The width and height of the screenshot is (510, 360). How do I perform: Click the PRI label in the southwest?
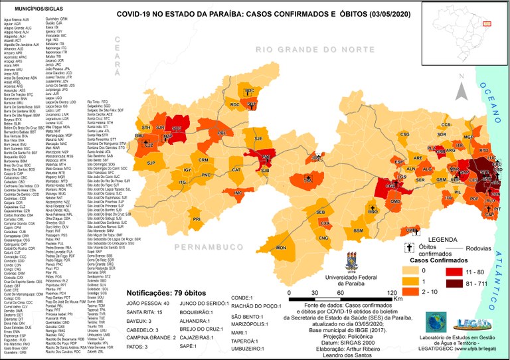(197, 219)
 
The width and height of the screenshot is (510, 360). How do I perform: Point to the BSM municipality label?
(358, 230)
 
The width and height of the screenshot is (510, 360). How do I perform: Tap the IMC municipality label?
(238, 193)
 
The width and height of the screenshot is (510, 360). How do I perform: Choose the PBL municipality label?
(222, 133)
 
